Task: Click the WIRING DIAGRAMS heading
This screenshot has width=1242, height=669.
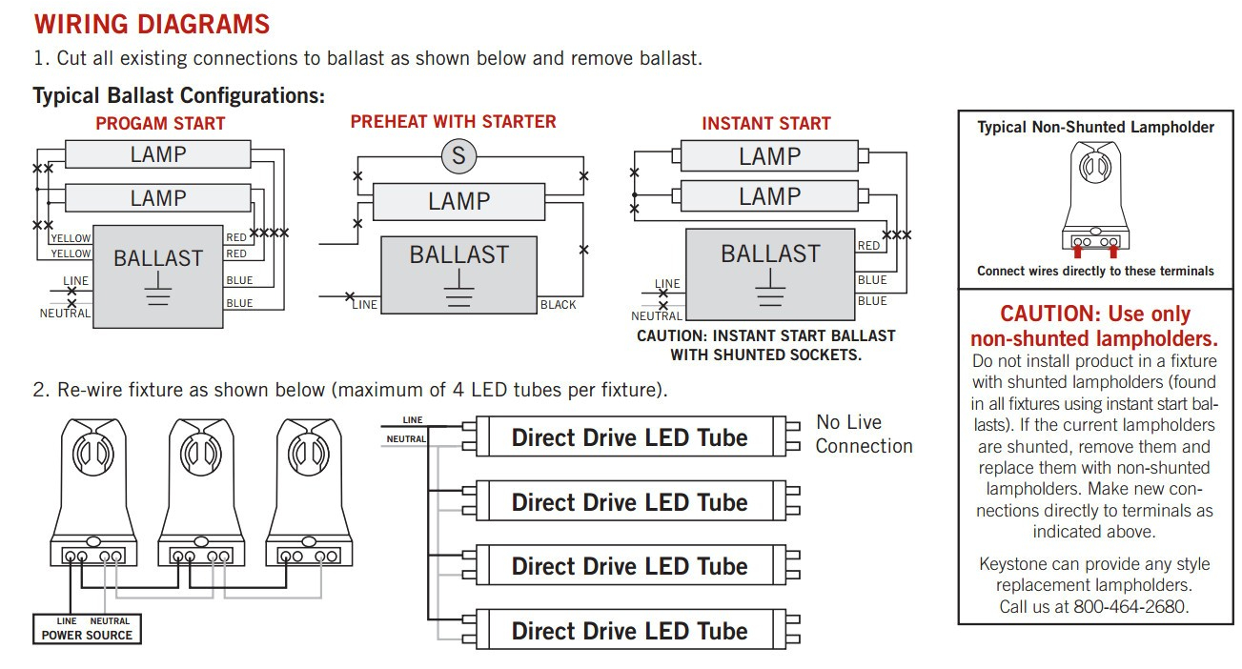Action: tap(152, 24)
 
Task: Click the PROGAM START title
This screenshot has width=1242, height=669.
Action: tap(160, 124)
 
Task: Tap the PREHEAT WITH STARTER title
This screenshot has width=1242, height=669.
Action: tap(453, 122)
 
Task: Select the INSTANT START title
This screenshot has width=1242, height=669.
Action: tap(766, 124)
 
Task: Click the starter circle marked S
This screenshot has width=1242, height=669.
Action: tap(458, 155)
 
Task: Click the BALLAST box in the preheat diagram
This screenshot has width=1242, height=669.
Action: tap(458, 274)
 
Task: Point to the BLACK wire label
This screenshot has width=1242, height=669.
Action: tap(558, 305)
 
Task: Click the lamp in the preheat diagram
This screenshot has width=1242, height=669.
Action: tap(458, 202)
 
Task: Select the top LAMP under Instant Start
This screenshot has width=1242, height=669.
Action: tap(769, 156)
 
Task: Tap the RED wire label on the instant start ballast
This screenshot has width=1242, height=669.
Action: tap(868, 246)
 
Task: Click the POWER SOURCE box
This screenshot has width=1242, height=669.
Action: tap(87, 629)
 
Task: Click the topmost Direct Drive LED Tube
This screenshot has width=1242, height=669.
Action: tap(629, 437)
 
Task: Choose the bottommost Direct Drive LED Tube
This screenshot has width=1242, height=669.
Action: tap(629, 631)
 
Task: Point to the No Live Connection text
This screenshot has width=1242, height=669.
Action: tap(864, 435)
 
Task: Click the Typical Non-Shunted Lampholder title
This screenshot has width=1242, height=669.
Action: tap(1095, 128)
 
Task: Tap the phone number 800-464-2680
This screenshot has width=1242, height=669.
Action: tap(1131, 607)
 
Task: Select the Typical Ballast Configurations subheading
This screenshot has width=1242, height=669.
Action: tap(179, 96)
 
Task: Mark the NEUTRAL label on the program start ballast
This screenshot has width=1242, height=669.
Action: tap(65, 314)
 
